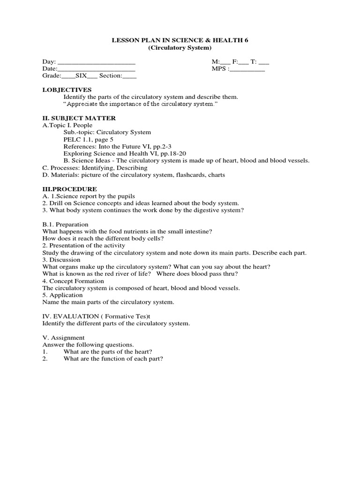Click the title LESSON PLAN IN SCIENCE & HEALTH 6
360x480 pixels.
tap(180, 40)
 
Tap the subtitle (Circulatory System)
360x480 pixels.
tap(180, 48)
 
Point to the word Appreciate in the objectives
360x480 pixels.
tap(80, 104)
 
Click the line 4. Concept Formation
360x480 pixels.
tap(73, 281)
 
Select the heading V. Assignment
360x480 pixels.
tap(63, 337)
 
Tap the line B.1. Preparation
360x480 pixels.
tap(65, 225)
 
